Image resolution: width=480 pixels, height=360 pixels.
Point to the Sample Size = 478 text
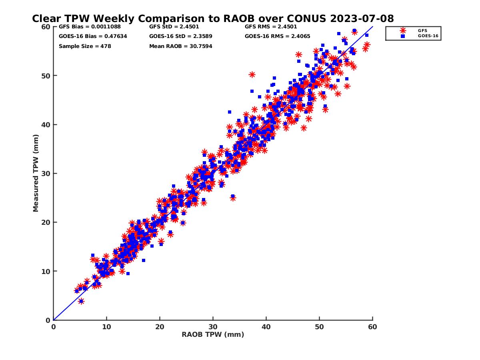tap(85, 46)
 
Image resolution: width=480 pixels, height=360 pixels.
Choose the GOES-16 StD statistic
tap(181, 36)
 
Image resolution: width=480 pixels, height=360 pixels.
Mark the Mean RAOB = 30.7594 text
tap(181, 46)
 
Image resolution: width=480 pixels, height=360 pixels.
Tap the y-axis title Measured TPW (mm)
tap(36, 173)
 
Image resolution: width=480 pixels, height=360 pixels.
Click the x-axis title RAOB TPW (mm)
tap(213, 335)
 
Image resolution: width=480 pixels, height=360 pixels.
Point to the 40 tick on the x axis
tap(266, 327)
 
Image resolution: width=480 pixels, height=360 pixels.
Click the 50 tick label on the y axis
tap(45, 76)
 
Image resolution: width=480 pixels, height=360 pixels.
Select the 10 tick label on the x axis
tap(106, 327)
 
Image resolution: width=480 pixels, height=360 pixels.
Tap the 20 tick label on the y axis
tap(45, 222)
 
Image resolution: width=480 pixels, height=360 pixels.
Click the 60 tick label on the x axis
tap(372, 327)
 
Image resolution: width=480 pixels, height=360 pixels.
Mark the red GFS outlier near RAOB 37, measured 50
tap(252, 75)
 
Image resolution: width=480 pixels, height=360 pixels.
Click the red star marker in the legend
tap(403, 30)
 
